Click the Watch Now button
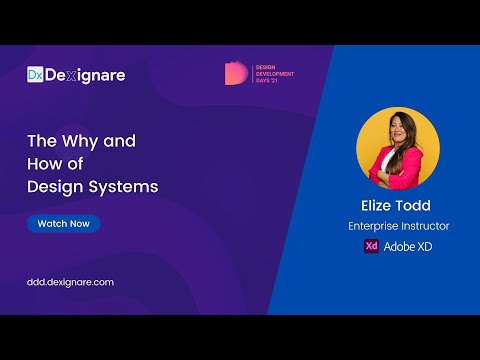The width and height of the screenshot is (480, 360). pos(64,223)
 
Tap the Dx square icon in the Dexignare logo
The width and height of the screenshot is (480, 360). pos(35,74)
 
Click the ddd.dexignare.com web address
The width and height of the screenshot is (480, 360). pos(70,282)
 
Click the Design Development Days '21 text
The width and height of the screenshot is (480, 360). pos(273,73)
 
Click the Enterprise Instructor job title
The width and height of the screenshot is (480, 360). pos(397,227)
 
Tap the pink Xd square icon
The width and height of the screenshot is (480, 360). pos(371,246)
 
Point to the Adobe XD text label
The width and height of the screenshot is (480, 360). pos(408,246)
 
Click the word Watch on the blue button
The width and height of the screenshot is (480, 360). pos(51,223)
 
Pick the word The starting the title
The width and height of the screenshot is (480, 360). pos(40,141)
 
